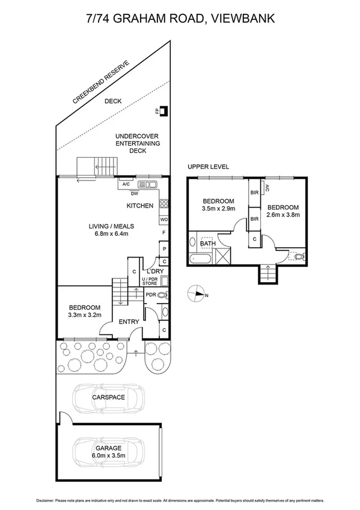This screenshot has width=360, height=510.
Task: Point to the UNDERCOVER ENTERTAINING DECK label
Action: [138, 144]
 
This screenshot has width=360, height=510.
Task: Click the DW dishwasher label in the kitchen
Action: [135, 193]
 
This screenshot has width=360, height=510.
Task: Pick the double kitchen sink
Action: [147, 185]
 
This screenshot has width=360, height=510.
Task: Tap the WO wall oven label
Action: [163, 220]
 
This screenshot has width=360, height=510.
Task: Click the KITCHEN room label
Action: [139, 206]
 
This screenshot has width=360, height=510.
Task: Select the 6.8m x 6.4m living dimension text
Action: [112, 234]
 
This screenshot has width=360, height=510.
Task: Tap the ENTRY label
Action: [129, 322]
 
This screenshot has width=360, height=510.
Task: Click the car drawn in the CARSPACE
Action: [108, 398]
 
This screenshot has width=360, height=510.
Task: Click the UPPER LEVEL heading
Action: [208, 167]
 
